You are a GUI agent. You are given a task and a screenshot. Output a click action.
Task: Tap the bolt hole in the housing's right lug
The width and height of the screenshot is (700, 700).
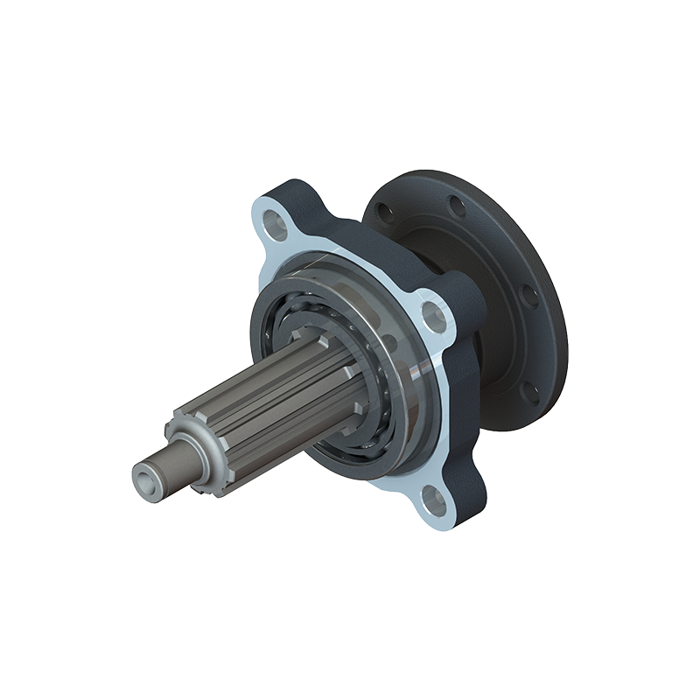[433, 312]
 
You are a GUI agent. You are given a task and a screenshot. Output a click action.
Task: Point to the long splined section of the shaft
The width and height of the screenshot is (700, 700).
[271, 402]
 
